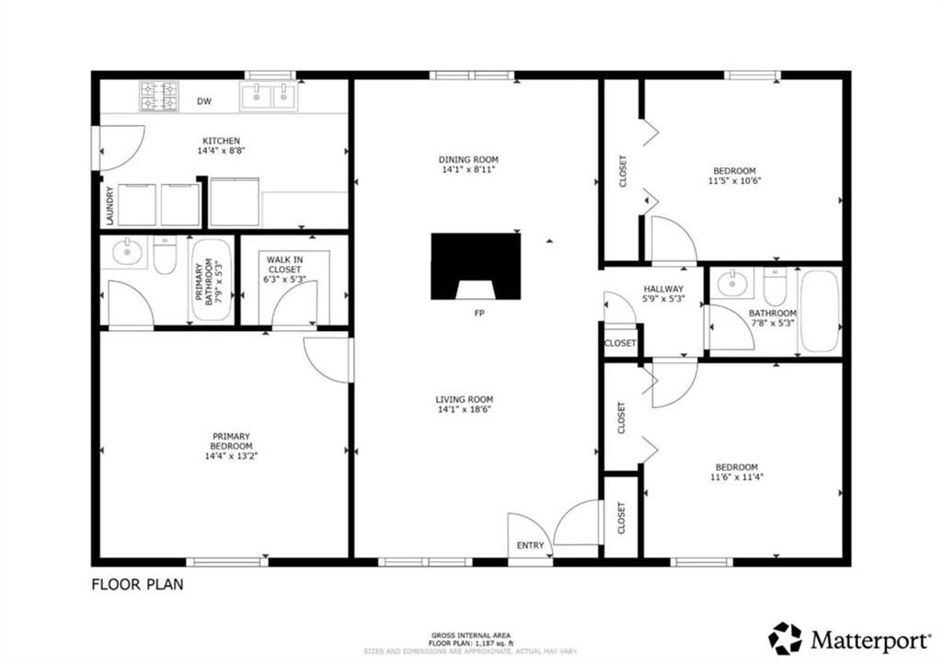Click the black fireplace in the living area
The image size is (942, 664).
click(476, 265)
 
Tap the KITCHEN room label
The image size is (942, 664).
click(221, 141)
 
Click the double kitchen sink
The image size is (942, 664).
click(269, 95)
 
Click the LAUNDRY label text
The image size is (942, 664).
click(109, 206)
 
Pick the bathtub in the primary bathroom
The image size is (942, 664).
click(213, 279)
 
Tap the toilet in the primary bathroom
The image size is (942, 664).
click(166, 258)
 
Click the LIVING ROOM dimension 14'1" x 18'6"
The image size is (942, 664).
click(465, 409)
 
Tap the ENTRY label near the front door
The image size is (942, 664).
click(531, 545)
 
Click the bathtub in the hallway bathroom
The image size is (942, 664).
click(819, 311)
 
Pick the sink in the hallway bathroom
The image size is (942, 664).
click(731, 282)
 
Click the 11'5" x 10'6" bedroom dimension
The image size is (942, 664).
click(735, 181)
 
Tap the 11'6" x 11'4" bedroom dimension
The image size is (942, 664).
click(737, 476)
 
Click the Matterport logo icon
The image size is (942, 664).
click(786, 638)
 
